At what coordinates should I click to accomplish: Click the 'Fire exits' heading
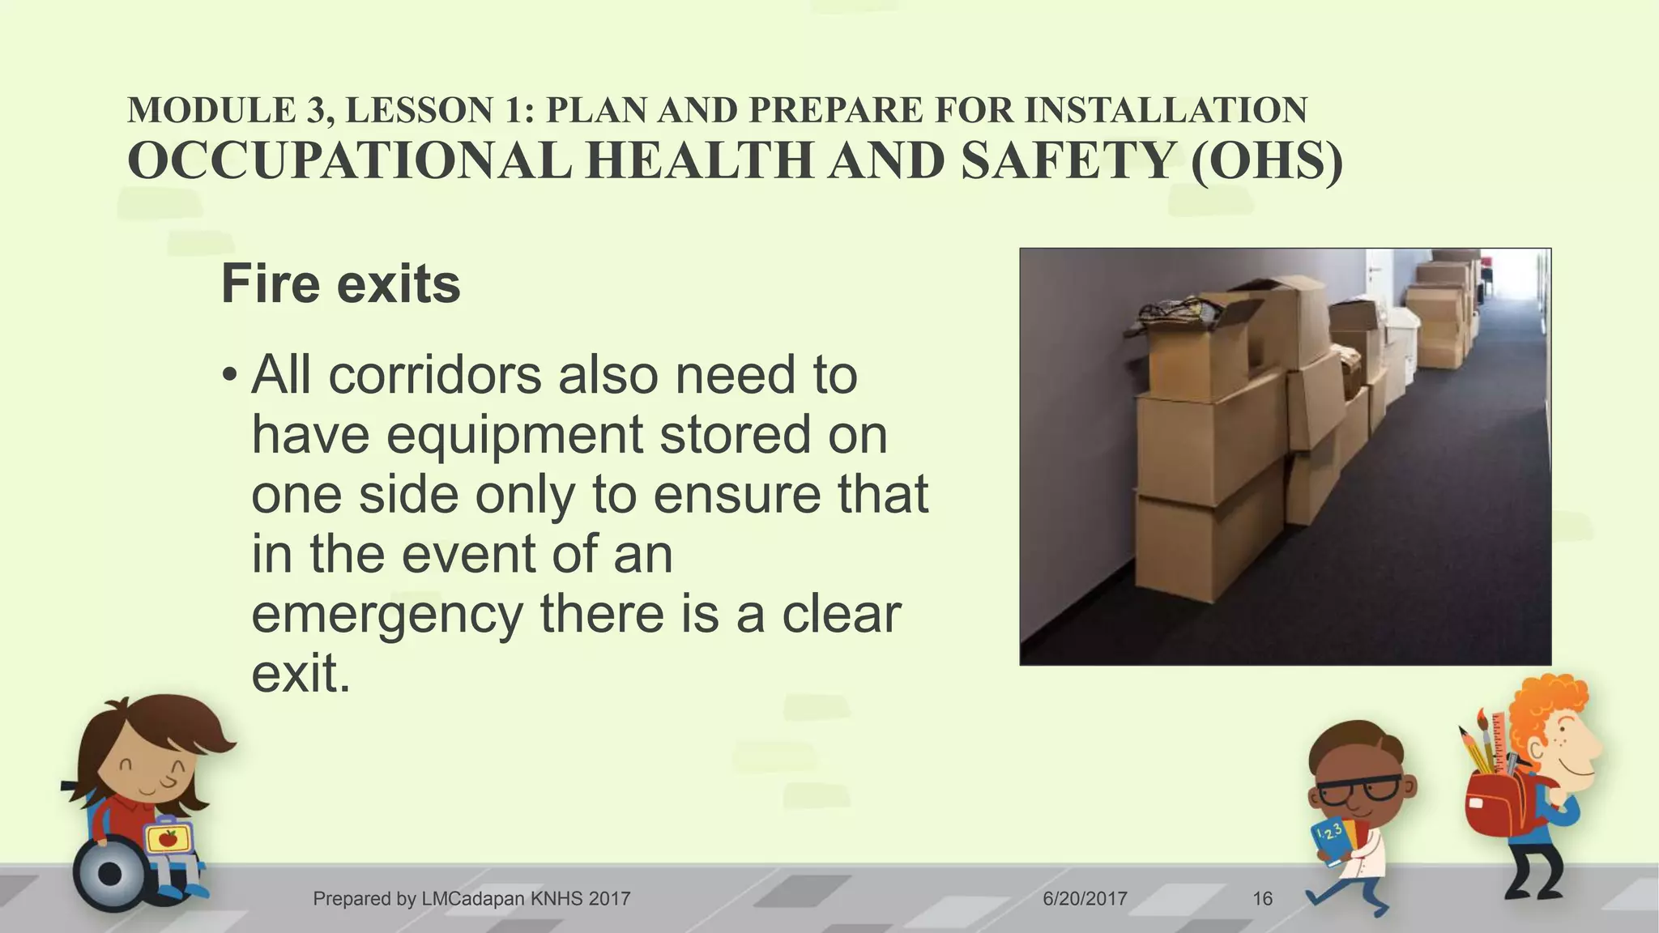tap(340, 284)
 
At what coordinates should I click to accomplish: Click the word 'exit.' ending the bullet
tap(301, 674)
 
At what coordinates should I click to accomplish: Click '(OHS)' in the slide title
tap(1266, 160)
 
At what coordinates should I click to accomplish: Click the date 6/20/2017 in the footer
tap(1085, 898)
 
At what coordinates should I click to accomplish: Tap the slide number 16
tap(1262, 898)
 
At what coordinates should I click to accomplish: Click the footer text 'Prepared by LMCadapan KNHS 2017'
tap(471, 898)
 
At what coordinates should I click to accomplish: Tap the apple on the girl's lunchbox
tap(168, 838)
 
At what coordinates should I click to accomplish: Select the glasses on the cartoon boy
tap(1359, 789)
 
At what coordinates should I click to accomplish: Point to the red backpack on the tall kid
tap(1499, 802)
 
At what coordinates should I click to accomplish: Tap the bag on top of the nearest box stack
tap(1179, 312)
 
